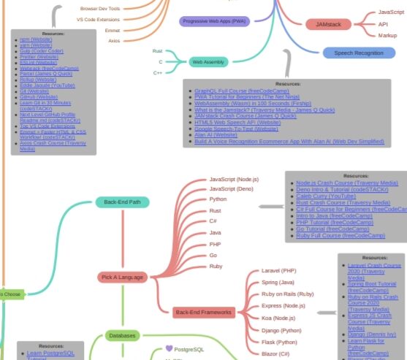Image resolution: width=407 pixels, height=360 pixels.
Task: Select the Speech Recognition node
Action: click(358, 53)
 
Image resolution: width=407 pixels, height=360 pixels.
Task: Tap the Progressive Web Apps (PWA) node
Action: click(213, 20)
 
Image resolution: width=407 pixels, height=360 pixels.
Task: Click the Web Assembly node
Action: click(207, 62)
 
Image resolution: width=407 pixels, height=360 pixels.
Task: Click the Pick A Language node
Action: click(123, 277)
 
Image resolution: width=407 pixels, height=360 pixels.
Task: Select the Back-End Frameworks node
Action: click(203, 313)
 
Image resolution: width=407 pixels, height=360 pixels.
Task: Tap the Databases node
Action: click(121, 336)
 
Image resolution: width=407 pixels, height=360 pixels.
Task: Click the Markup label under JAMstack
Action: click(387, 35)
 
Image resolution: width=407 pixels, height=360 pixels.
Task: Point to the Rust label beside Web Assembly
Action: click(157, 51)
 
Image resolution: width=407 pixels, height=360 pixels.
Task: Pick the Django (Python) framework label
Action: click(282, 330)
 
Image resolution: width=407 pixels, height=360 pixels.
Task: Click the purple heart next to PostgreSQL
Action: click(169, 349)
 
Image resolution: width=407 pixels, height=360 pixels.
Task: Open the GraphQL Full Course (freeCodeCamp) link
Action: click(240, 91)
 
